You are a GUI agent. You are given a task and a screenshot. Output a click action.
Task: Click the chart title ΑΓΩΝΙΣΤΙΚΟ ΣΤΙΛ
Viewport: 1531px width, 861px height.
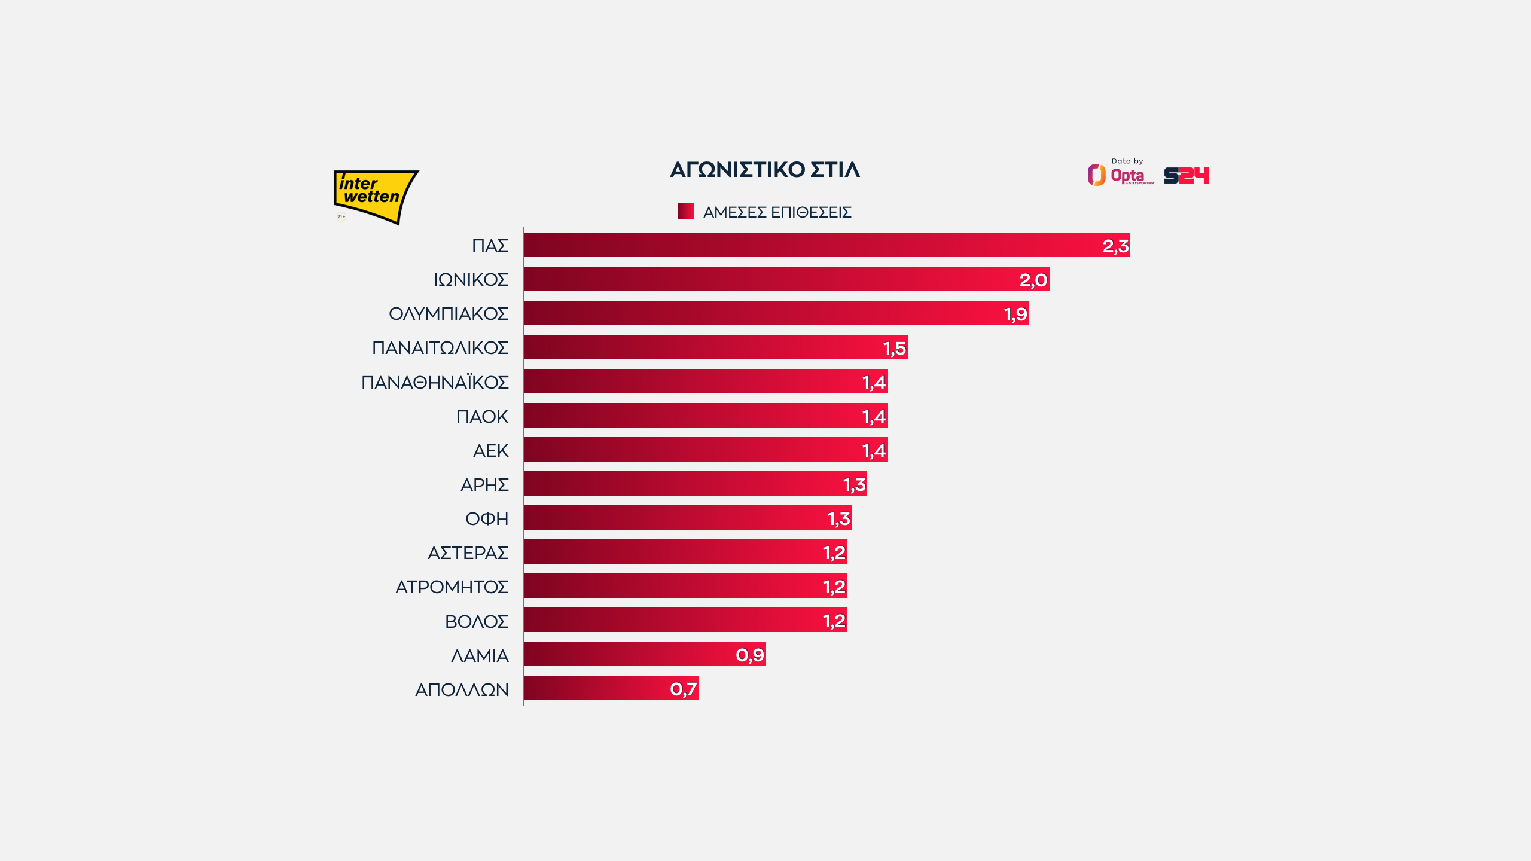(765, 170)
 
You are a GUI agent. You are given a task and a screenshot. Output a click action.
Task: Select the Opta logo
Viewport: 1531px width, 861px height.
(1120, 175)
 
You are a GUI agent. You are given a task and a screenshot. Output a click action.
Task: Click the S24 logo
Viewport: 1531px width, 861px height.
(1187, 176)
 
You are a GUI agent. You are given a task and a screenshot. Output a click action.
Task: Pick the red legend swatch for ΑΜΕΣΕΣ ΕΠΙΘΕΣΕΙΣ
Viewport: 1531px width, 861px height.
(685, 211)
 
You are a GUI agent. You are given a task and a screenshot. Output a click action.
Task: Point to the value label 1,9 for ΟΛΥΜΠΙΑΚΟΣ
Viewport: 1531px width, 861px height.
(1015, 314)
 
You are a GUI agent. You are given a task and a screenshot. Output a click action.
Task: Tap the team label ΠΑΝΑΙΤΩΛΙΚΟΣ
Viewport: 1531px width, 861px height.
(440, 348)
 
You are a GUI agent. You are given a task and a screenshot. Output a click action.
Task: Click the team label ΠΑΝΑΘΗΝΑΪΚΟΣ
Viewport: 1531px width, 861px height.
(435, 382)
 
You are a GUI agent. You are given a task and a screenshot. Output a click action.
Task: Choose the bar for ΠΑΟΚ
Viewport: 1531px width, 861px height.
(688, 416)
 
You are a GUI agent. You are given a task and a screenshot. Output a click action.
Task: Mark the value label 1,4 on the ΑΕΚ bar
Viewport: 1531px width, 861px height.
(874, 450)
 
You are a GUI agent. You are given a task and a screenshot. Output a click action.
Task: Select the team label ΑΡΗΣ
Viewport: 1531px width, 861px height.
(484, 484)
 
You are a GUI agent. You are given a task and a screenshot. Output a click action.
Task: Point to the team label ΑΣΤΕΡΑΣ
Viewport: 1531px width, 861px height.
(468, 552)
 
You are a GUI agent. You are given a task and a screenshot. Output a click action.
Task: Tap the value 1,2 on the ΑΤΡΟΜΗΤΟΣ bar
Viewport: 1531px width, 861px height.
(834, 587)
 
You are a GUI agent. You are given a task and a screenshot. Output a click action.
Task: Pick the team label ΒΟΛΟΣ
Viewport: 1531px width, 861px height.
(477, 621)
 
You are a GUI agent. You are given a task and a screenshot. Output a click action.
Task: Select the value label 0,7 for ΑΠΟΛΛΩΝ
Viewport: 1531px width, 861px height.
(683, 689)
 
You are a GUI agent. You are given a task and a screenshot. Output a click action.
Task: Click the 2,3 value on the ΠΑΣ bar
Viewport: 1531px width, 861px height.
(1115, 246)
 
